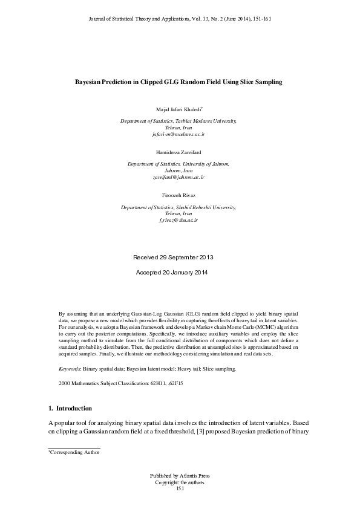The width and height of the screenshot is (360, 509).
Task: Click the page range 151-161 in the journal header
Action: pos(260,19)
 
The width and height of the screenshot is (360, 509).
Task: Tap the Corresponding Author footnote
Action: pos(74,452)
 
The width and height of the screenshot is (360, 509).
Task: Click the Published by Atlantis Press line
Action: pos(180,476)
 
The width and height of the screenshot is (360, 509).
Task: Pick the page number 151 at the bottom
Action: pos(180,488)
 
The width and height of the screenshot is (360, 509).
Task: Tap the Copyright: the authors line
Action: pos(180,482)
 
